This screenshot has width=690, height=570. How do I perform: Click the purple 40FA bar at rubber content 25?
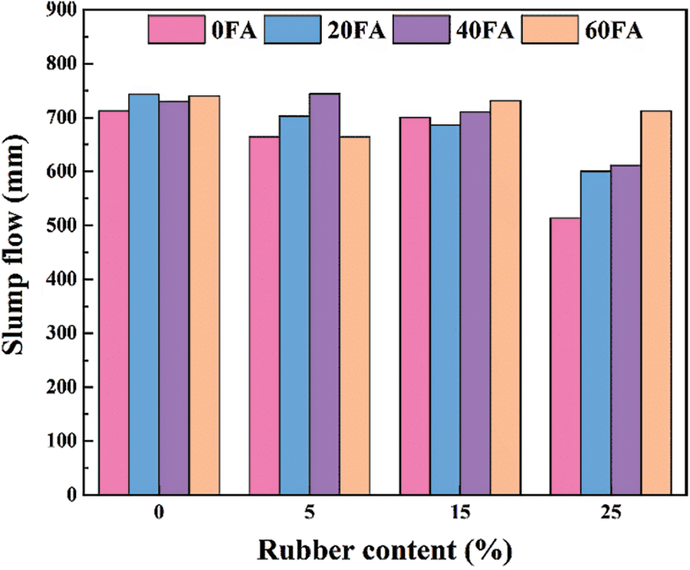click(626, 329)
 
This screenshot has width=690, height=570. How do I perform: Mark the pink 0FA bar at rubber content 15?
click(415, 306)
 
